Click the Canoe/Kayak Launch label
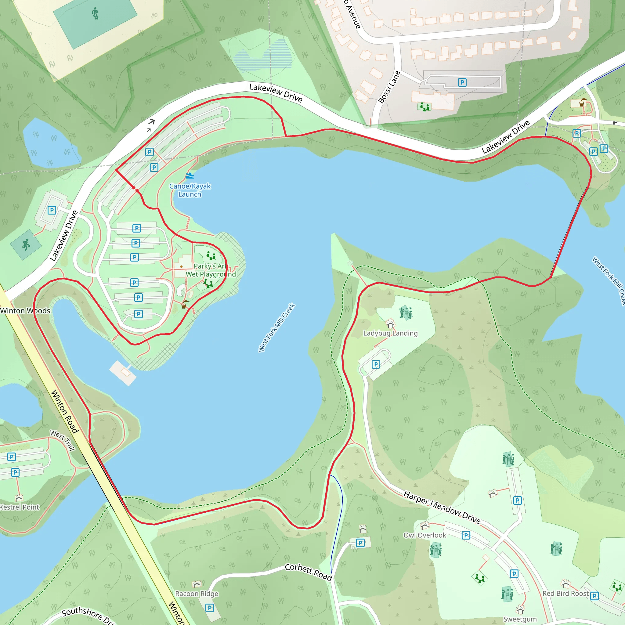190,190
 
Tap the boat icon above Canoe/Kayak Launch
190,176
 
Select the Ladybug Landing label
390,333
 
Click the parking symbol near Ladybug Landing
376,365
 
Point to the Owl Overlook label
424,535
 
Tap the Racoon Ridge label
197,594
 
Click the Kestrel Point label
20,507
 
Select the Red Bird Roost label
565,593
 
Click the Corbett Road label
308,572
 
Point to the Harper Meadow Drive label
442,507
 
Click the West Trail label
63,440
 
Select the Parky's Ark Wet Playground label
211,270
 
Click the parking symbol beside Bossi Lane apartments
462,82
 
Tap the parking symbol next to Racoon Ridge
210,608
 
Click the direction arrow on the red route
151,123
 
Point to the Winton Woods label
25,311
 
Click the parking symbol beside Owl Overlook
466,535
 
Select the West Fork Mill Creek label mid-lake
276,327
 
